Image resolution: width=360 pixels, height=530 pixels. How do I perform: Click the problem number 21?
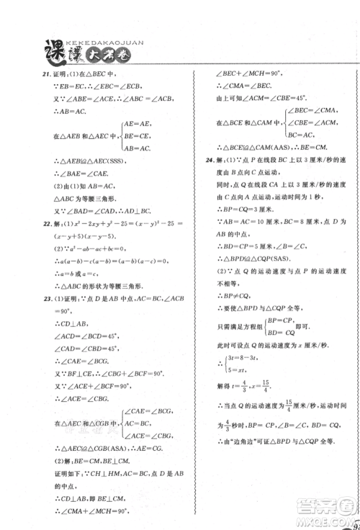[24, 74]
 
